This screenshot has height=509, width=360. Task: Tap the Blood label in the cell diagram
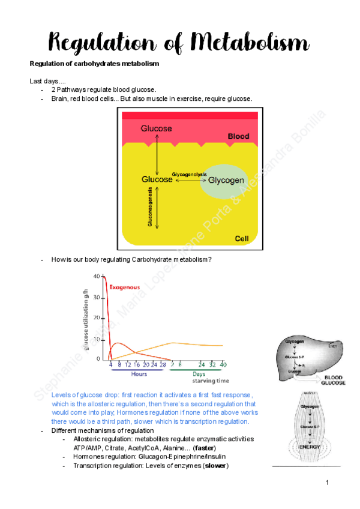238,137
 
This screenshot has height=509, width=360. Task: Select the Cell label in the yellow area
241,239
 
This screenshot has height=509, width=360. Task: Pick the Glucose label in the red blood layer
157,128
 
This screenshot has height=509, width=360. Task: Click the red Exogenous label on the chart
125,288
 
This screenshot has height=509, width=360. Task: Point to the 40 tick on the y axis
97,277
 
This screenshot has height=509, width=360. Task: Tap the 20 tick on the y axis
97,318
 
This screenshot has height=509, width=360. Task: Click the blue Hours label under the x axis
139,373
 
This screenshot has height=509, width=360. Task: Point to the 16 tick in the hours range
137,364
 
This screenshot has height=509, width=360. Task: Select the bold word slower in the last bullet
215,466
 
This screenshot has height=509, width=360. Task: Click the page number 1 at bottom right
328,483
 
